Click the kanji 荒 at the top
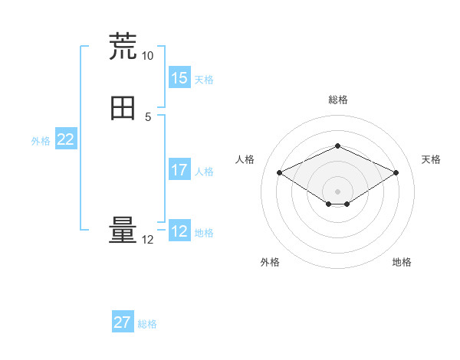tap(123, 46)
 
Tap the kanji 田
tap(123, 108)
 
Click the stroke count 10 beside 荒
tap(147, 56)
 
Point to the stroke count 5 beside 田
tap(148, 117)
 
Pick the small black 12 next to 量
tap(147, 240)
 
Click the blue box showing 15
tap(179, 78)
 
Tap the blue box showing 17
tap(179, 169)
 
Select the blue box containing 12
tap(179, 231)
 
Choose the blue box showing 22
tap(65, 139)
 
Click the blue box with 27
tap(123, 322)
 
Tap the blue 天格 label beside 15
tap(204, 80)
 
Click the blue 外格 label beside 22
tap(41, 141)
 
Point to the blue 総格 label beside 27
tap(147, 324)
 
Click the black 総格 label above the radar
tap(337, 100)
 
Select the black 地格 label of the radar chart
tap(402, 262)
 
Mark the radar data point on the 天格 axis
tap(396, 172)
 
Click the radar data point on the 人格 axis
tap(279, 172)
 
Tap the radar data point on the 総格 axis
tap(337, 146)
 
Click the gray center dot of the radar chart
tap(337, 191)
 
